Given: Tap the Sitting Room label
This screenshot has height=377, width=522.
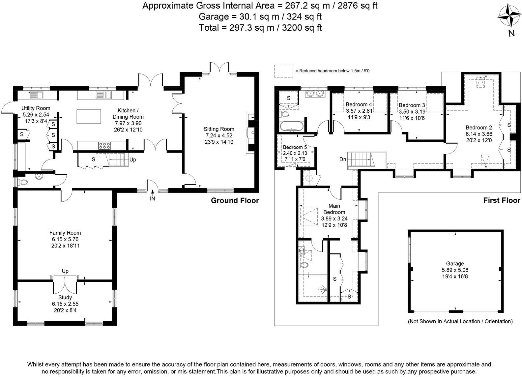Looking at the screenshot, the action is pos(219,129).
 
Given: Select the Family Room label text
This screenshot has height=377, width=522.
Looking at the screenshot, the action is pos(65,233).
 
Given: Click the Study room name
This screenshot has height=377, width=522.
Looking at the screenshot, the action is pos(65,298).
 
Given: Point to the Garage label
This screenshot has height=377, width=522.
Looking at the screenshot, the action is pos(455,264).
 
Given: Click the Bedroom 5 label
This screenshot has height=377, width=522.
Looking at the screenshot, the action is pos(295,147).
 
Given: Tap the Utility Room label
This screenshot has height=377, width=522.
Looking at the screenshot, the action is pos(36,108).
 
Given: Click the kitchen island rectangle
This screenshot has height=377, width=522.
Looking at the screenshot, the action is pos(89,116).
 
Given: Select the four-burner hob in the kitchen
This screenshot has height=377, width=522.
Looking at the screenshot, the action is pos(105,145).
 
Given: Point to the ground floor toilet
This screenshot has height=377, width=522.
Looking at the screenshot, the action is pos(24,182).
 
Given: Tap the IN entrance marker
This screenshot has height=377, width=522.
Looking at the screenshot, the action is pos(152,199).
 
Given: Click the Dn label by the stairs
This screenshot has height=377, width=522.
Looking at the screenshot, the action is pos(343,159).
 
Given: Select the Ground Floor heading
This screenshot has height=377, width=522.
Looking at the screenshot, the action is pos(235,200).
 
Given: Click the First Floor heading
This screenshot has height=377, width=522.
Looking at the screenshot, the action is pos(502,200).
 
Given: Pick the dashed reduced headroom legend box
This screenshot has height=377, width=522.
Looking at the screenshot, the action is pos(283,71).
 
